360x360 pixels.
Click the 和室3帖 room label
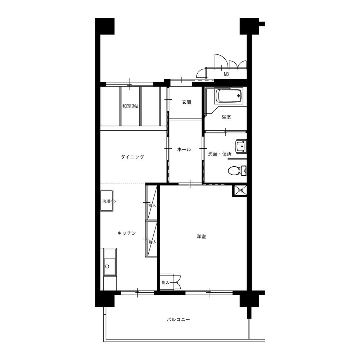coord(130,106)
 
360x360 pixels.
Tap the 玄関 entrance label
coord(186,102)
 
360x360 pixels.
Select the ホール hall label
coord(184,150)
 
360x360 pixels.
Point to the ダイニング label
coord(132,157)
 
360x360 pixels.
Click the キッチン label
coord(127,233)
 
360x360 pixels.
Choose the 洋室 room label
coord(201,237)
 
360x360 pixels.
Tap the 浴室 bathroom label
coord(226,117)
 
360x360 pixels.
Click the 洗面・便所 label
coord(220,154)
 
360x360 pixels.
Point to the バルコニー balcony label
coord(179,320)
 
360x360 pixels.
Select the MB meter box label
coord(226,75)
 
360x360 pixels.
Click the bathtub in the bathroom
coord(229,96)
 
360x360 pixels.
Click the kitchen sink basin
coord(110,266)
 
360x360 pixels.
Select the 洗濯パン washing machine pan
coord(107,201)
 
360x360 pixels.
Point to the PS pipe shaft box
coord(240,191)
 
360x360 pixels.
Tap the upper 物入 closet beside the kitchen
coord(151,202)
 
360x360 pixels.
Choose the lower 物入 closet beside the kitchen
coord(151,239)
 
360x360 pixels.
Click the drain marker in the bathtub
coord(239,96)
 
